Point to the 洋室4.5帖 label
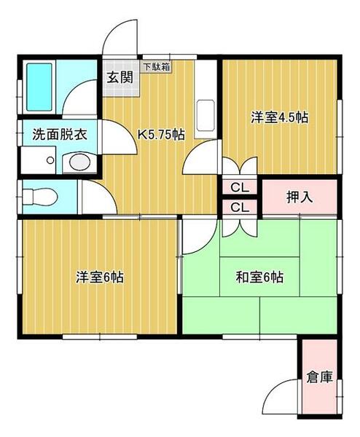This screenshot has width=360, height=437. tap(279, 116)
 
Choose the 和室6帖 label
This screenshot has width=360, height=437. tap(259, 277)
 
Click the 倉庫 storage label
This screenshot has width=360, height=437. tap(319, 377)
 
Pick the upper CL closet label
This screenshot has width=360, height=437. tap(239, 188)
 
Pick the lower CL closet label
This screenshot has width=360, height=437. tap(239, 208)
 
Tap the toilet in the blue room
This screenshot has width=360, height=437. tap(36, 197)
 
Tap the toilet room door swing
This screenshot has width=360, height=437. tap(92, 195)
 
